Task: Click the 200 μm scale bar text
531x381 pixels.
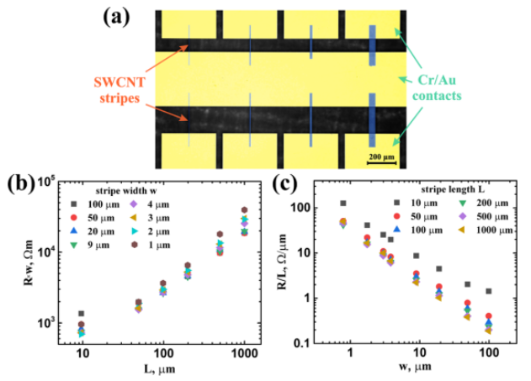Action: click(380, 155)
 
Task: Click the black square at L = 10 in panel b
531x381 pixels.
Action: click(82, 314)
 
